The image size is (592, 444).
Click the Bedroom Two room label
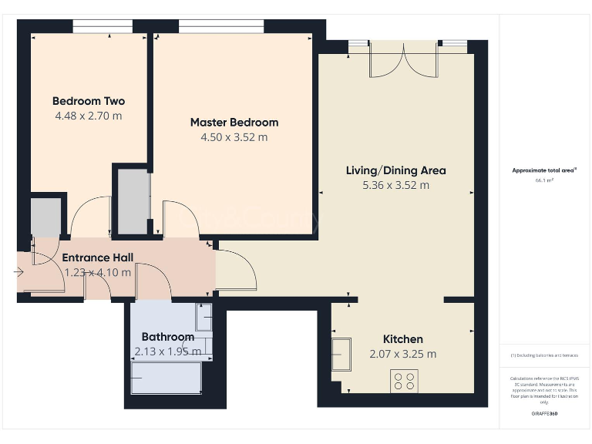click(x=88, y=101)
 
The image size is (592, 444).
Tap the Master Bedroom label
click(x=234, y=122)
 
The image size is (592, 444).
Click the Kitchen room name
click(x=403, y=339)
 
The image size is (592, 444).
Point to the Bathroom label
click(x=167, y=337)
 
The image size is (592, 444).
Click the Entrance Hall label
click(x=97, y=257)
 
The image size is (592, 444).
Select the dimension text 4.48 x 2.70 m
click(x=88, y=116)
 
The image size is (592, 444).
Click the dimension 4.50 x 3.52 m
click(x=234, y=137)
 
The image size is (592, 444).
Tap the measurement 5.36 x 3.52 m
click(x=395, y=185)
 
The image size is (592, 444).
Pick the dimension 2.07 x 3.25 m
click(x=403, y=354)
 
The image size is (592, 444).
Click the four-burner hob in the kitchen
click(x=405, y=381)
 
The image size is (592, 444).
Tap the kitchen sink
click(x=341, y=355)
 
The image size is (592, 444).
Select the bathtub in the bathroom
click(x=166, y=378)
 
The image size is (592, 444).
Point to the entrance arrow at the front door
click(x=19, y=271)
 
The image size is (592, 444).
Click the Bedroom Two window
click(x=102, y=29)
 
